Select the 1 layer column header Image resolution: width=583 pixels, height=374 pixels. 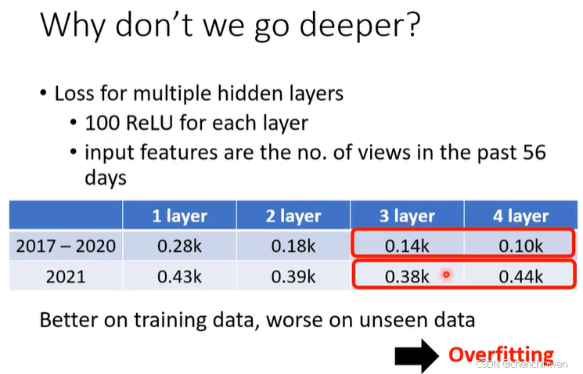coord(179,216)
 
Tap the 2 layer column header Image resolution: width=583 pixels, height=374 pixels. coord(293,216)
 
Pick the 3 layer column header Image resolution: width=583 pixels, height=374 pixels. coord(407,216)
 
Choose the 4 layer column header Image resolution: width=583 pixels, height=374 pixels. coord(521,216)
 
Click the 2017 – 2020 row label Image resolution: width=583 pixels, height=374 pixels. coord(66,246)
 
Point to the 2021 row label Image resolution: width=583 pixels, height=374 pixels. coord(66,275)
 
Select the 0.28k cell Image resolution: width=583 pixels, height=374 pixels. coord(179,246)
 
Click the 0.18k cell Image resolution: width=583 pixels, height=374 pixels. coord(293,246)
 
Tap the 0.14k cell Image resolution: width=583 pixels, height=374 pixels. coord(407,246)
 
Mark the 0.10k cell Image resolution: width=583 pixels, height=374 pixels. coord(521,246)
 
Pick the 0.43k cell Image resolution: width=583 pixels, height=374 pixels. coord(179,275)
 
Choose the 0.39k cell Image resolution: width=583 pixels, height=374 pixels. coord(293,275)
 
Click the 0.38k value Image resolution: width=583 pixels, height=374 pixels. coord(407,275)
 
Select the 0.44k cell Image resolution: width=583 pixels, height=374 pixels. coord(521,275)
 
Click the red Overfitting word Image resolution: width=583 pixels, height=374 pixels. coord(501,354)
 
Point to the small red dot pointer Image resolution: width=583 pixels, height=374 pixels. coord(446,275)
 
